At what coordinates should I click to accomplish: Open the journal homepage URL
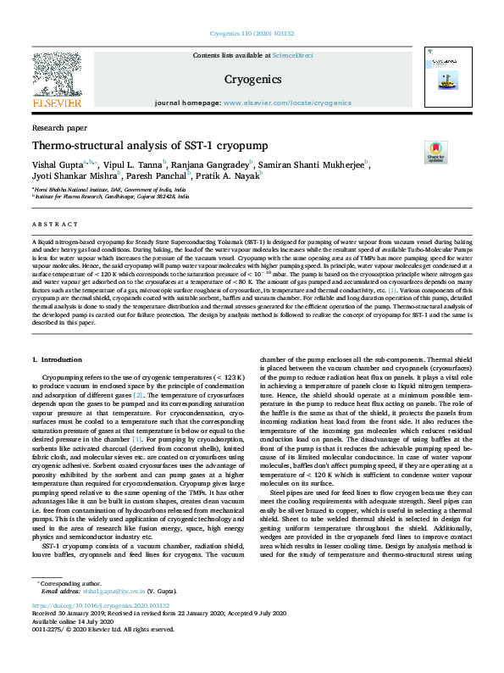click(x=287, y=102)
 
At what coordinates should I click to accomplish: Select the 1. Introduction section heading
click(x=57, y=360)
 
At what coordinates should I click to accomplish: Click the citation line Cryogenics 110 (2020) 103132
click(x=252, y=36)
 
